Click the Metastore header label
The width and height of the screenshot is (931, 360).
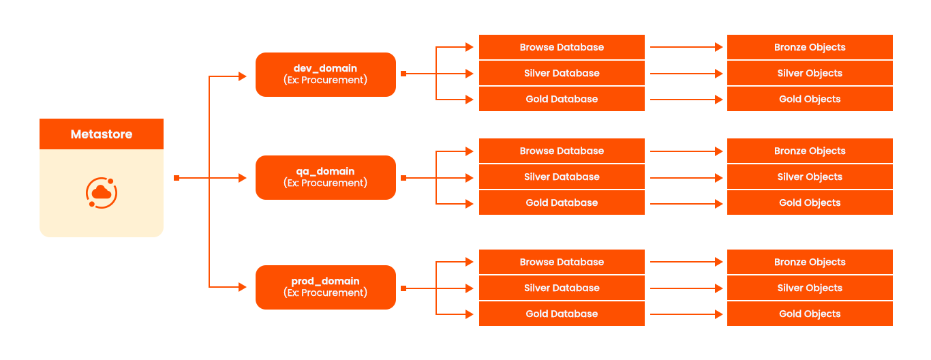click(x=102, y=134)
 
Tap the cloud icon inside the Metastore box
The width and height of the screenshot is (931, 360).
click(x=102, y=193)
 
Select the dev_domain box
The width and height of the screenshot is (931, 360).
click(x=325, y=74)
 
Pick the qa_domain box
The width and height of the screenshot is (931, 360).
click(x=325, y=177)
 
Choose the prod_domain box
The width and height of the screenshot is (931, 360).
click(x=325, y=287)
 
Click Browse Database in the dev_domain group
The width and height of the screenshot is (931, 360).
click(x=562, y=47)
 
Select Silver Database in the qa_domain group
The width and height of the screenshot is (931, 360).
click(x=562, y=177)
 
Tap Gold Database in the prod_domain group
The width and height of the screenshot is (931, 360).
click(x=562, y=314)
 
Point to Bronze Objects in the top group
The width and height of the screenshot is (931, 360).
click(x=810, y=47)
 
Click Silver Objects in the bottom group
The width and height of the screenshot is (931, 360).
click(x=810, y=288)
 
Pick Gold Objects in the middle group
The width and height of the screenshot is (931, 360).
click(x=810, y=202)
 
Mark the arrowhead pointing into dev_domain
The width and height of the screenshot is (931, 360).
click(x=243, y=76)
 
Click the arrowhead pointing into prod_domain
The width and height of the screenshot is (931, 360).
click(x=243, y=287)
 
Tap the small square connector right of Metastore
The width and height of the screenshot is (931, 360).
click(x=177, y=178)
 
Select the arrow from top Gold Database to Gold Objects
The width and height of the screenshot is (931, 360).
click(x=686, y=100)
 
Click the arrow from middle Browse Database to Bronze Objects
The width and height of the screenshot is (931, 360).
click(x=686, y=151)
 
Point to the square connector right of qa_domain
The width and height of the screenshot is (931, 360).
click(x=403, y=178)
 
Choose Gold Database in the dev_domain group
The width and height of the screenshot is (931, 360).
click(x=562, y=99)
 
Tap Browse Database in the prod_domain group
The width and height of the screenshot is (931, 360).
click(x=562, y=262)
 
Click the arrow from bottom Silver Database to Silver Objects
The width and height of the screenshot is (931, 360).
click(x=686, y=288)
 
